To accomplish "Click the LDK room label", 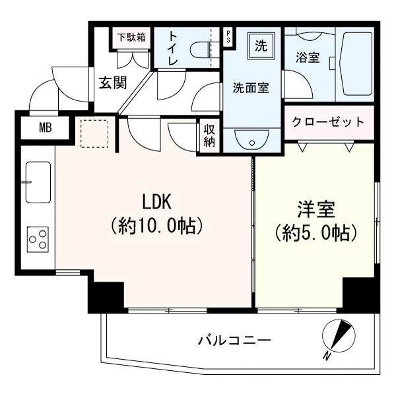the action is [x=157, y=201].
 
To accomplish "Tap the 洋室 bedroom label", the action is [x=316, y=209].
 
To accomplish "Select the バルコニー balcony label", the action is [x=234, y=340].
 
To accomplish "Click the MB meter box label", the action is [x=46, y=128].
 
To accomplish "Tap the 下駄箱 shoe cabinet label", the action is [x=131, y=38].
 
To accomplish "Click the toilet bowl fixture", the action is [x=201, y=49].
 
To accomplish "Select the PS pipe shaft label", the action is [x=228, y=36].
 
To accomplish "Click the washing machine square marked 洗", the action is [x=261, y=46].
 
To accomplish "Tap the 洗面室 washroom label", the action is [x=251, y=88].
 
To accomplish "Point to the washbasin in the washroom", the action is [x=252, y=140].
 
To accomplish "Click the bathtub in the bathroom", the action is [x=354, y=64].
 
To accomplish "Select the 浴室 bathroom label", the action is [x=308, y=57].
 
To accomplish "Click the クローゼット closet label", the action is [x=328, y=122].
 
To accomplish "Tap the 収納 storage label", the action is [x=209, y=136].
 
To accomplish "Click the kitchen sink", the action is [x=38, y=182].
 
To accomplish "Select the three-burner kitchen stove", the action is [x=38, y=240].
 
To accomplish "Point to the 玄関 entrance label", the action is [x=113, y=82].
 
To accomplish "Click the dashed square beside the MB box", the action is [x=94, y=133].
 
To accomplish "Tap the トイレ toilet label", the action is [x=173, y=48].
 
